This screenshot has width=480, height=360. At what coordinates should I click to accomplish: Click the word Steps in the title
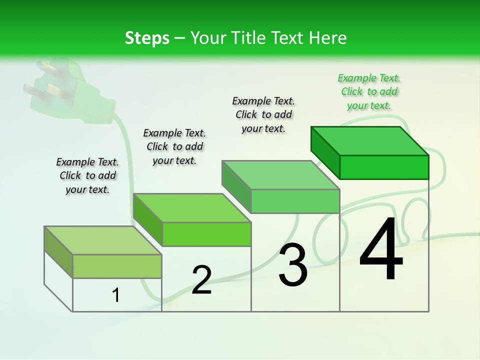pos(147,38)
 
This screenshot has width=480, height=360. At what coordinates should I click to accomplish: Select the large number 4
pos(381,250)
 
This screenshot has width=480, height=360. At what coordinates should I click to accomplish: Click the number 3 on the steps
pos(293,265)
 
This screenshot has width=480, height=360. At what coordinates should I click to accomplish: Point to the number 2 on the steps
pos(201,280)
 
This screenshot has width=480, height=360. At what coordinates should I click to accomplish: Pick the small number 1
pos(116,295)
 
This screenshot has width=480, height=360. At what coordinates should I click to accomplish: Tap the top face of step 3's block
pos(281,175)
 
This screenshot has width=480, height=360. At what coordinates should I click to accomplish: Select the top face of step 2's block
pos(192,208)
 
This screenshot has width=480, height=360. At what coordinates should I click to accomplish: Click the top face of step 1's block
pos(103,240)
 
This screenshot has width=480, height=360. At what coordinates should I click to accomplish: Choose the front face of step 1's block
pos(117,266)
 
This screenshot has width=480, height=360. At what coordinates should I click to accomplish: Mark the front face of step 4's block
pos(384,167)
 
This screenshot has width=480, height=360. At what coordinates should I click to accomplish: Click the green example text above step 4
pos(369,92)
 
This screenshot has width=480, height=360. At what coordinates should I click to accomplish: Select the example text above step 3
pos(263,115)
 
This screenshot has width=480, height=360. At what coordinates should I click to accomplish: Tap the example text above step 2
pos(174,147)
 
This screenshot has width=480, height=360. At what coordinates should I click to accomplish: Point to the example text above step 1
pos(87,176)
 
